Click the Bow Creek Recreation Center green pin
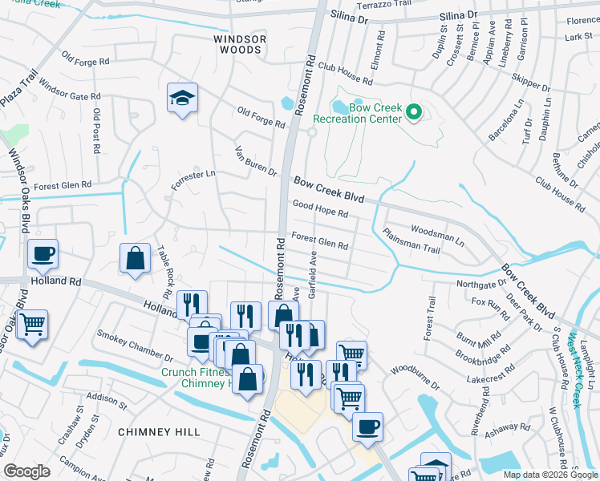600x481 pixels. tap(414, 112)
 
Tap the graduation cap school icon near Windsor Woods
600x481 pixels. tap(182, 99)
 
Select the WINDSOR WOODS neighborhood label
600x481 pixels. tap(237, 44)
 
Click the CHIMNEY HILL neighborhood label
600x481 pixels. tap(159, 432)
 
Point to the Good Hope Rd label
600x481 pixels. tap(320, 210)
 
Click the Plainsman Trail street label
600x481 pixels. tap(412, 242)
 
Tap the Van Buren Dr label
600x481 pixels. tap(255, 161)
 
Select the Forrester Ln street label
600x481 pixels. tap(193, 179)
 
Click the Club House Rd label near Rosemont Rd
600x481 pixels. tap(345, 75)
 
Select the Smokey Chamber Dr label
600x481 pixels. tap(135, 343)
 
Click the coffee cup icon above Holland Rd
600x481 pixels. tap(43, 254)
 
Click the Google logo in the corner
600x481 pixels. tap(26, 471)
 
